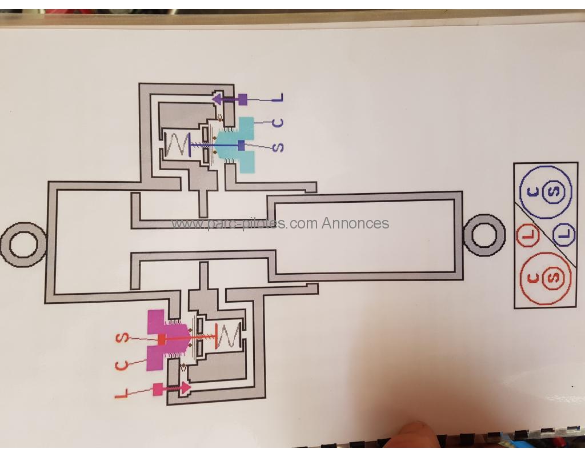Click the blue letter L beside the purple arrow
point(278,98)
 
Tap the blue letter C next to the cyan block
point(278,122)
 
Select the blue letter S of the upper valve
point(278,147)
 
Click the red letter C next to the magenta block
point(121,364)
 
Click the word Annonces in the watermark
point(355,223)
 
